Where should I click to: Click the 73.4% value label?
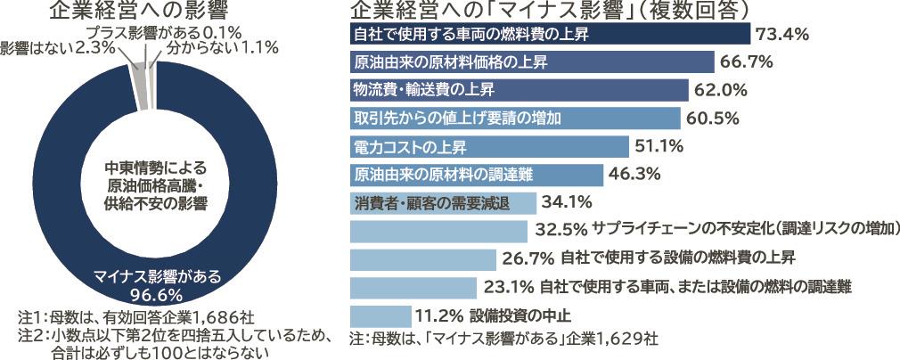pyautogui.click(x=781, y=35)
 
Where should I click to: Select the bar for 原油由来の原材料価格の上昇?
pyautogui.click(x=532, y=62)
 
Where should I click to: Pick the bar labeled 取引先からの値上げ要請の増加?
pyautogui.click(x=515, y=119)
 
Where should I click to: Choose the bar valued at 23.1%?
pyautogui.click(x=413, y=287)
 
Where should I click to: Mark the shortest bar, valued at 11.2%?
pyautogui.click(x=380, y=315)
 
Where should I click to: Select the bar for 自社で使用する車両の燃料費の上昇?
pyautogui.click(x=550, y=34)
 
